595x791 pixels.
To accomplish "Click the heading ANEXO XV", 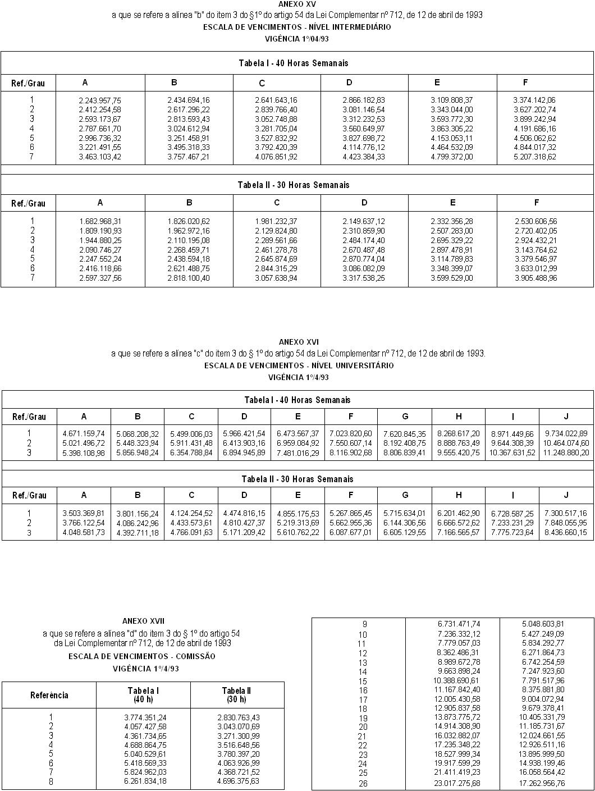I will (297, 4).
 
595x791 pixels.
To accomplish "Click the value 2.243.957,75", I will (100, 100).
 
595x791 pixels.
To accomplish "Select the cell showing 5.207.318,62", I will (534, 157).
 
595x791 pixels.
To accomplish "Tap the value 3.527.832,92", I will (276, 138).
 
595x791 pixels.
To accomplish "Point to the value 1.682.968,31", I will (100, 221).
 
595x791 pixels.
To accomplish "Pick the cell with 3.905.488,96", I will (535, 278).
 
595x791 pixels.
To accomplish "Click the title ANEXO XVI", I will (298, 341).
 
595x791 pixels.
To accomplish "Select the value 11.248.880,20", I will (566, 453).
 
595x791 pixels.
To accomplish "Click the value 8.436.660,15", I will (565, 533).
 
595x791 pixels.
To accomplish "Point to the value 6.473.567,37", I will (297, 434).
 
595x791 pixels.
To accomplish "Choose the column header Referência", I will (49, 695).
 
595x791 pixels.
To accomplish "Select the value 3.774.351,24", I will (145, 717).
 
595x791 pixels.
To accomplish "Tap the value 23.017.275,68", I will (459, 783).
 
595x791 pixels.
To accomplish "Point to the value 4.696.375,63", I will (238, 781).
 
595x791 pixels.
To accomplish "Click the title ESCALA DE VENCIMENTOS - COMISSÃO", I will (141, 656).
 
